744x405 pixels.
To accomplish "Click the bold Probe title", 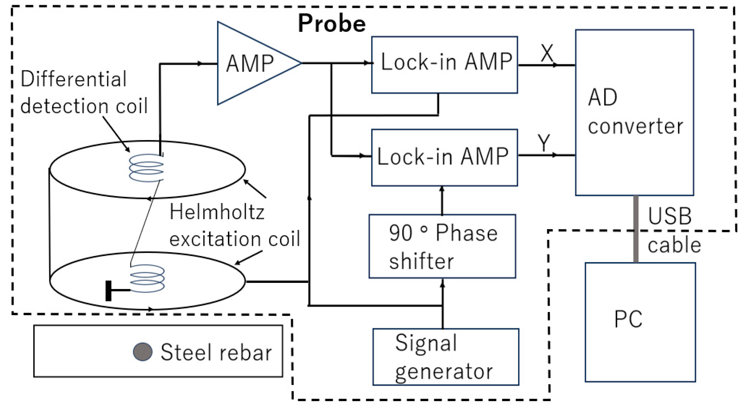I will (332, 24).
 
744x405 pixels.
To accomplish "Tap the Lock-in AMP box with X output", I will (444, 65).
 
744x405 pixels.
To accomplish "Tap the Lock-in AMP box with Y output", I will (444, 158).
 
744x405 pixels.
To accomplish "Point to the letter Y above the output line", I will (544, 143).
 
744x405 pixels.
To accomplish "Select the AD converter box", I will (634, 113).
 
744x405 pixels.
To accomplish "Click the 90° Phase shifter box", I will (442, 246).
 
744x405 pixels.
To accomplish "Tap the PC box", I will (640, 322).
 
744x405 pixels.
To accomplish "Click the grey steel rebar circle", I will (143, 352).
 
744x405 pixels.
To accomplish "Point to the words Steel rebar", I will (216, 352).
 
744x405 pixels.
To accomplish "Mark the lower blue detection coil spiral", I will (147, 278).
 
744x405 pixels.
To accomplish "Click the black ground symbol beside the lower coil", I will (109, 291).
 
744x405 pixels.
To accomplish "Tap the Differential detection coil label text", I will (84, 92).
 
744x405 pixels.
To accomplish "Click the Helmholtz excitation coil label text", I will (234, 225).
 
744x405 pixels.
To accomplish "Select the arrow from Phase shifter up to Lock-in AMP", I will (442, 201).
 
